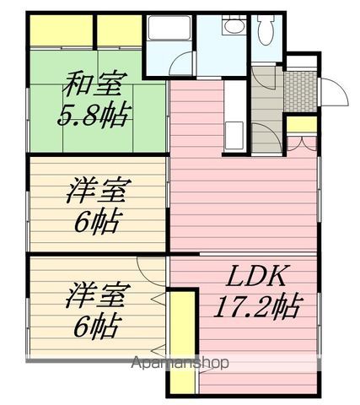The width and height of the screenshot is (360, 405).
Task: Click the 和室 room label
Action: [93, 84]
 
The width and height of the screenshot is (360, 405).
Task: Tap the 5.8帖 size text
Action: [94, 115]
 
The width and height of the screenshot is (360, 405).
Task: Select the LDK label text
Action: [256, 275]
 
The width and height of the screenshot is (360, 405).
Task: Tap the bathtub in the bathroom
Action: [169, 28]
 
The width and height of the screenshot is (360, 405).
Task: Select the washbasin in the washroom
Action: [234, 26]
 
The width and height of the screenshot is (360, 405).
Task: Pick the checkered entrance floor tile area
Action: [300, 92]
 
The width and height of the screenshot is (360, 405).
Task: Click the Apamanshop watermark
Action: [180, 363]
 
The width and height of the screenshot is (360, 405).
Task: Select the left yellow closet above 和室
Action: [62, 30]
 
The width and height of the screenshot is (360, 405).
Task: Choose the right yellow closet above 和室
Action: [120, 30]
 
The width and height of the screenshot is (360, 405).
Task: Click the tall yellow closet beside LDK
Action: [183, 343]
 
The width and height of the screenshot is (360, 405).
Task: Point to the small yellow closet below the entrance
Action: [302, 124]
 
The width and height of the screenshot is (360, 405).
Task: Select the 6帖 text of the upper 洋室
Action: [94, 221]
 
